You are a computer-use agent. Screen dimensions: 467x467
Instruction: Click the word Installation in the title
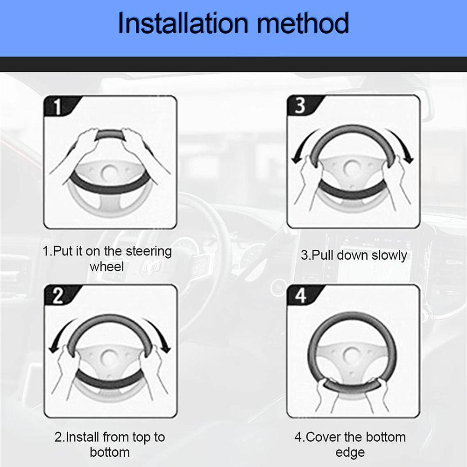pos(183,23)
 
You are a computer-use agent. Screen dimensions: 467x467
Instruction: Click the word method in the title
pos(303,23)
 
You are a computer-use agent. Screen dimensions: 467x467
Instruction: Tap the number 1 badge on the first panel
pos(57,106)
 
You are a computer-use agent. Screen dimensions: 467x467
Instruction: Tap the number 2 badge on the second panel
pos(58,296)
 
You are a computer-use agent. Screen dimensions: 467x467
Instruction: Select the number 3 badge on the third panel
pos(300,106)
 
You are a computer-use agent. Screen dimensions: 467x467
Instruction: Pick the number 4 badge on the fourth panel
pos(300,296)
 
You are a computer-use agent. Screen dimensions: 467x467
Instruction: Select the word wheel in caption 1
pos(106,267)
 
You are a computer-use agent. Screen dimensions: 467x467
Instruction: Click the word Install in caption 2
pos(82,437)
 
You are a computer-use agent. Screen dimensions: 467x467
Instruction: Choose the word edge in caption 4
pos(350,453)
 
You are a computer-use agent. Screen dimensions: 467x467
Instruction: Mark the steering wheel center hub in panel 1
pos(110,173)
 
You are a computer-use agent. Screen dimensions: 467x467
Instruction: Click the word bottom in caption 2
pos(110,453)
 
